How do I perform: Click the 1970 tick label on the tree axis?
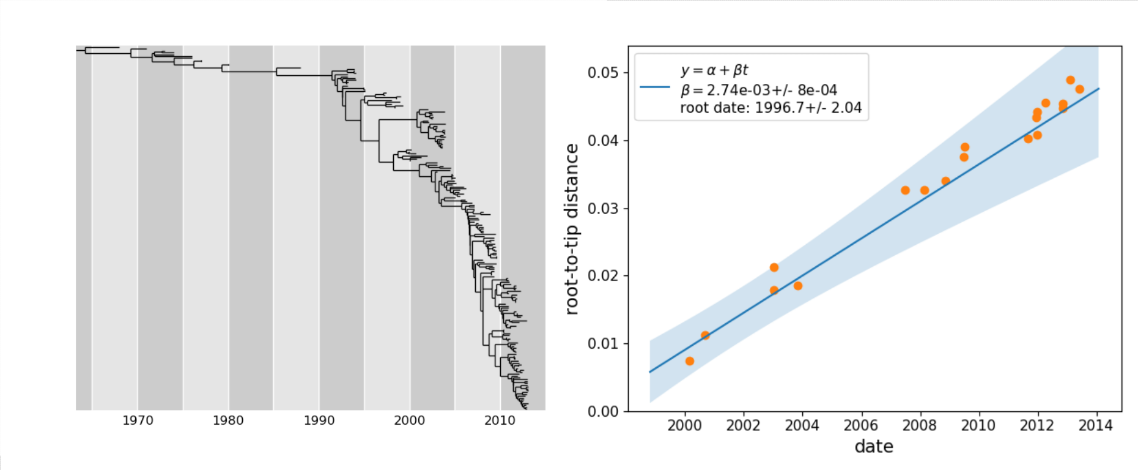click(x=138, y=420)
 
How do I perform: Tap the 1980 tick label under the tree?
click(x=228, y=420)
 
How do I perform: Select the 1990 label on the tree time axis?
click(x=319, y=420)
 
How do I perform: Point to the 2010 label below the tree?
click(x=500, y=420)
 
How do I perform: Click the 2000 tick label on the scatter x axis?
click(x=684, y=425)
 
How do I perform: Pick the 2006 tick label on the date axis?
click(x=861, y=425)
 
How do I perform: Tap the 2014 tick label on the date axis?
click(x=1095, y=425)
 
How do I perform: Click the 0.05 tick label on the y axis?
click(x=604, y=73)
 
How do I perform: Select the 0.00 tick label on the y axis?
click(x=604, y=411)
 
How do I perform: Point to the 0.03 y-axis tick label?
click(x=604, y=209)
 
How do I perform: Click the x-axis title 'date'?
click(x=874, y=447)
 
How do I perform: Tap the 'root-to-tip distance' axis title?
click(x=572, y=229)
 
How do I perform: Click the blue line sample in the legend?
click(x=655, y=87)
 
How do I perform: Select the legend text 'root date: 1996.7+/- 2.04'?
click(x=770, y=108)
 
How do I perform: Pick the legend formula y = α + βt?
click(x=714, y=70)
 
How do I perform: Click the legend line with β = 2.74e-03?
click(x=758, y=90)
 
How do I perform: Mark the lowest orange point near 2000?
click(x=690, y=361)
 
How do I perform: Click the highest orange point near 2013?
click(x=1070, y=80)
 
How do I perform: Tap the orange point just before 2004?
click(x=797, y=286)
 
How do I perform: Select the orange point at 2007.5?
click(x=905, y=190)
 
